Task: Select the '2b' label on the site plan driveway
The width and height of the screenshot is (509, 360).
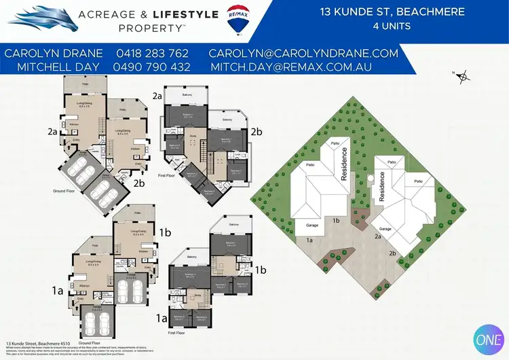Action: click(x=392, y=253)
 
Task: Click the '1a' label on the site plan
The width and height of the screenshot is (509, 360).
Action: click(x=309, y=240)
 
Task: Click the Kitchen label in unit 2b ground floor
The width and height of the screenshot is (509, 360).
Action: click(x=135, y=147)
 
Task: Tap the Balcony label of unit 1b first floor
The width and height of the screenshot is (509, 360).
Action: click(x=233, y=225)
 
